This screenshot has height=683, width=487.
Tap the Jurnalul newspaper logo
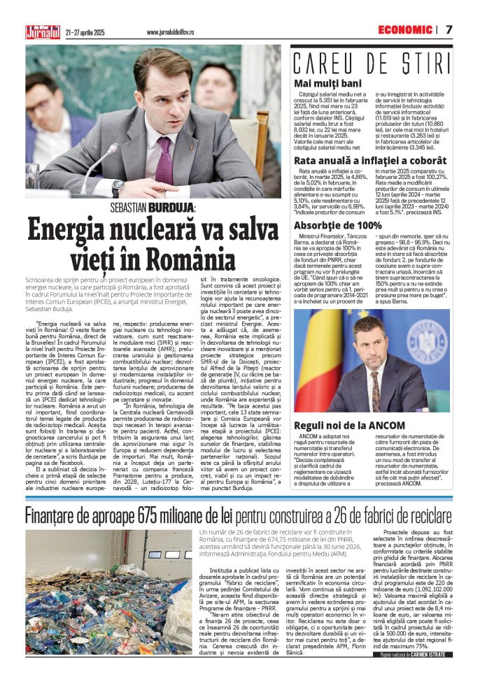(43, 31)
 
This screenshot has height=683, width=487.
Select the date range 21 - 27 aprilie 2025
(85, 32)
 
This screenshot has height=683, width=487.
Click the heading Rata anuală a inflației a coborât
(370, 161)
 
